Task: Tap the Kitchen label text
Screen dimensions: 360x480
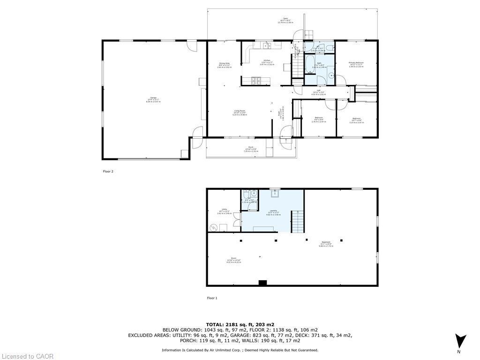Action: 267,60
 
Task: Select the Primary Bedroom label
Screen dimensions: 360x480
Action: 356,63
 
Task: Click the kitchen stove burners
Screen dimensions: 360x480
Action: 257,81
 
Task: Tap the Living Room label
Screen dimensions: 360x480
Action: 240,111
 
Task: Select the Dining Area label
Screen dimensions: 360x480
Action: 225,63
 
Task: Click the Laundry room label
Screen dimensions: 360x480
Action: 273,210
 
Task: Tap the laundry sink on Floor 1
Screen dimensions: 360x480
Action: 275,194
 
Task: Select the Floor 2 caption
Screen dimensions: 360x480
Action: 108,172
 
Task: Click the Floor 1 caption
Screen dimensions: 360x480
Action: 212,298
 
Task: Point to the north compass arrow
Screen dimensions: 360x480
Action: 460,341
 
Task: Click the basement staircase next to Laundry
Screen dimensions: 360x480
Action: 298,221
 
